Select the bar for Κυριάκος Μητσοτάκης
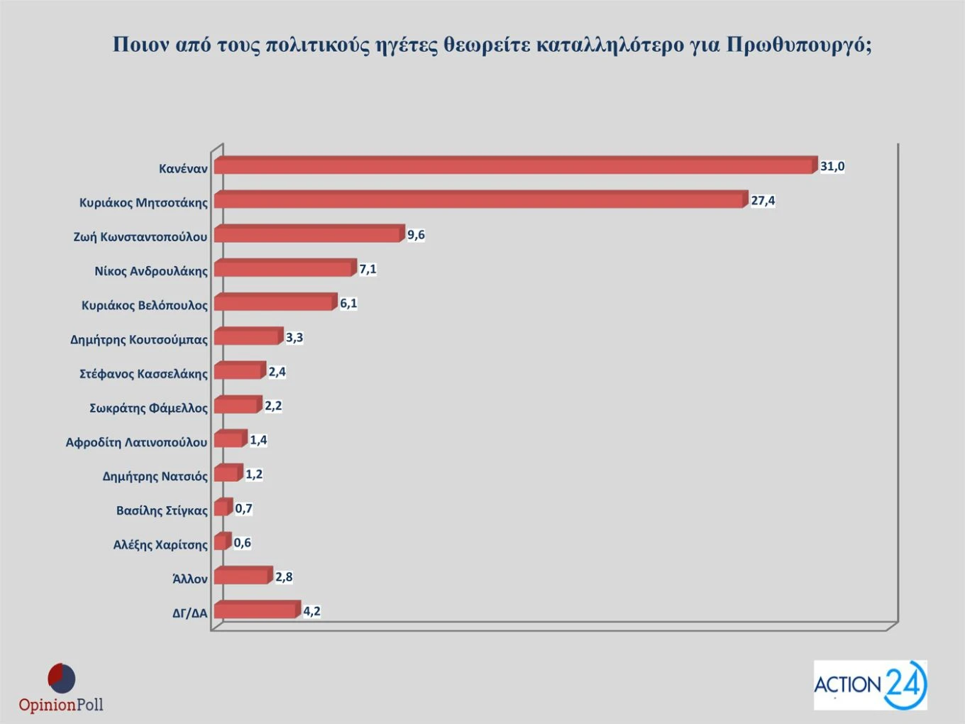[x=480, y=200]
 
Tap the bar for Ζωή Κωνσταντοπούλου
[x=308, y=234]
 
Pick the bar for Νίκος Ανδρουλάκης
[x=284, y=269]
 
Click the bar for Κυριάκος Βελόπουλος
[x=274, y=303]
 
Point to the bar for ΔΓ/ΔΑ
[x=256, y=610]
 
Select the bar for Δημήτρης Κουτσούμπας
[x=248, y=337]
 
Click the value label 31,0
[x=832, y=167]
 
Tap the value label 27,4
[x=763, y=201]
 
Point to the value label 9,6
[x=416, y=235]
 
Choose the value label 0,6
[x=242, y=543]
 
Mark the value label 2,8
[x=284, y=577]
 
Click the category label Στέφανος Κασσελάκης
[x=143, y=374]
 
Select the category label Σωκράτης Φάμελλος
[x=148, y=408]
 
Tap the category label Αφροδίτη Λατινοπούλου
[x=136, y=442]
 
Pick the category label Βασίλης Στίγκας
[x=162, y=510]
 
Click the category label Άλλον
[x=190, y=579]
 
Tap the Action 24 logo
[x=870, y=685]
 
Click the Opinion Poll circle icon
[x=61, y=679]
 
